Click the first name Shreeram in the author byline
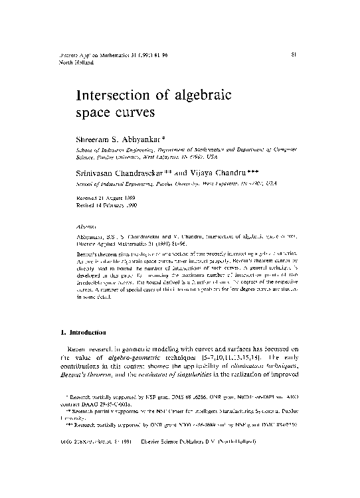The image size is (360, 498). click(x=96, y=138)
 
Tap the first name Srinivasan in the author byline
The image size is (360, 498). click(x=98, y=169)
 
